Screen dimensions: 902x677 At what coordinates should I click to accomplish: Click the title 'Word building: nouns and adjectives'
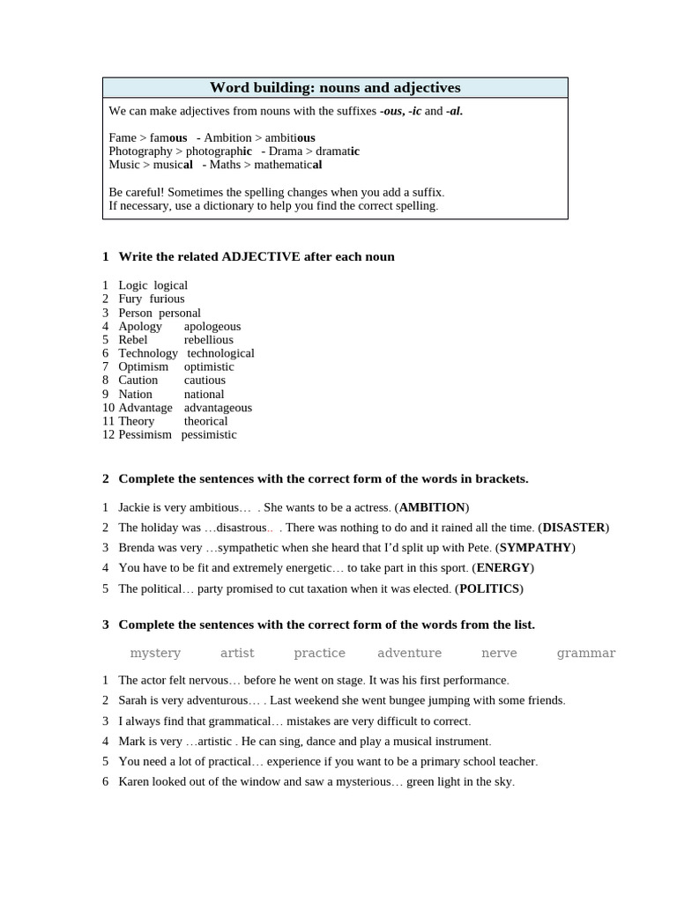click(335, 88)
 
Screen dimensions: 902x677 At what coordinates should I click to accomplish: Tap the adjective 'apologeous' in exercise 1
click(212, 326)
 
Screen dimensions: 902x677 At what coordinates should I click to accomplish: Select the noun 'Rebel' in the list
click(133, 340)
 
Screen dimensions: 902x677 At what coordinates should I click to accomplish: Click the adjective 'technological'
click(220, 353)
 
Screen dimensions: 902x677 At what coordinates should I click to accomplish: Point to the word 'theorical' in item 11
click(205, 421)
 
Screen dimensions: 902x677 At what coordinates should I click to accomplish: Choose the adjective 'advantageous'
click(218, 408)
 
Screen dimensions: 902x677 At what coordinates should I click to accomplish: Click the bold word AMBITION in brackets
click(432, 507)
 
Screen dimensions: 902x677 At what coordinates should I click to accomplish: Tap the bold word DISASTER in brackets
click(574, 528)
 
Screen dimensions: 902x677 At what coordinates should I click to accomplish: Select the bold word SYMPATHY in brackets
click(536, 548)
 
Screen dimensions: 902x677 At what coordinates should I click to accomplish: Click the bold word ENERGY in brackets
click(503, 568)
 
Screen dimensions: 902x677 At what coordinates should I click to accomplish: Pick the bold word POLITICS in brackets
click(489, 588)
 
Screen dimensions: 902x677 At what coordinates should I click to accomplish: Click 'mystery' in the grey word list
click(155, 653)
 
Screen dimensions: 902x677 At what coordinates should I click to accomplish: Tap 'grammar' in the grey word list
click(586, 653)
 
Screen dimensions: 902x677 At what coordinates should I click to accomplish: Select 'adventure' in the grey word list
click(409, 653)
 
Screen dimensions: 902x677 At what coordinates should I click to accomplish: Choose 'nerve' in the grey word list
click(499, 653)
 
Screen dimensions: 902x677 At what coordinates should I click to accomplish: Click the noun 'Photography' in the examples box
click(140, 151)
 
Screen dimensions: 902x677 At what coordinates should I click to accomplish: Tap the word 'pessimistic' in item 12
click(209, 434)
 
